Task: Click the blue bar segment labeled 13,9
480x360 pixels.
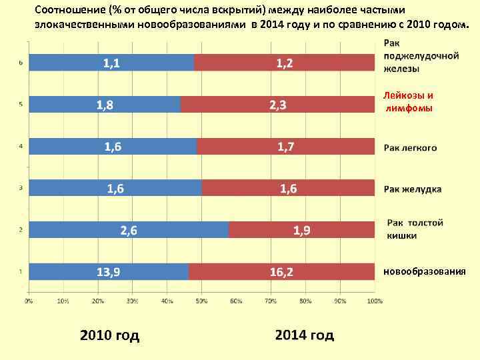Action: (x=109, y=272)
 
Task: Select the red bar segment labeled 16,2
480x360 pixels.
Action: (x=281, y=272)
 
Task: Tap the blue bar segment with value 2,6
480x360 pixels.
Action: (x=129, y=231)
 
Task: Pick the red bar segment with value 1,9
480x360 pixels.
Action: (x=301, y=231)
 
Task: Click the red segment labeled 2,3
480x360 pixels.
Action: (x=277, y=105)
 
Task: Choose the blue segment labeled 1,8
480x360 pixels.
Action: (x=105, y=105)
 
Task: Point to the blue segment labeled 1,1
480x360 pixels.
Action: (x=111, y=63)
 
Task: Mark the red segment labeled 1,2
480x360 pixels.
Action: (x=284, y=63)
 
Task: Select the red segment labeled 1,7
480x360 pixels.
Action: (x=285, y=147)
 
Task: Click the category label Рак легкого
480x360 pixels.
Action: (x=410, y=147)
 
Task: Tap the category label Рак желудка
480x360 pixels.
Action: (x=412, y=189)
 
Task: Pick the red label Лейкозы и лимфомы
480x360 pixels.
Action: (x=408, y=101)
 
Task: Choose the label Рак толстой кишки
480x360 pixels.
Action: (x=415, y=229)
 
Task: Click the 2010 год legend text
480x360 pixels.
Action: (x=109, y=335)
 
